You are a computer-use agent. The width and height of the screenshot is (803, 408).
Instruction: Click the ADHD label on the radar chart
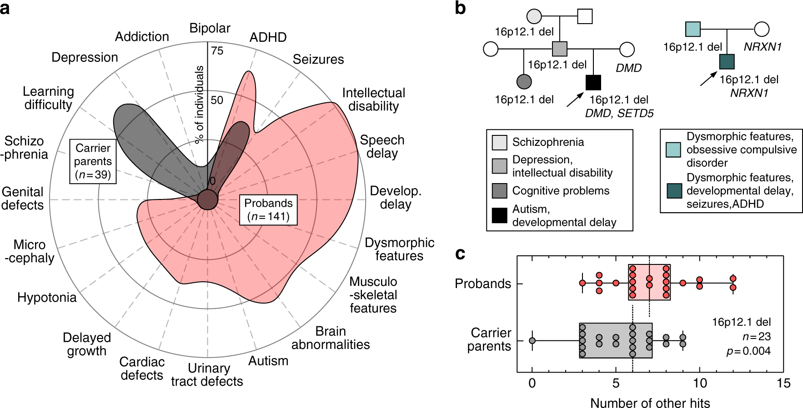tap(268, 37)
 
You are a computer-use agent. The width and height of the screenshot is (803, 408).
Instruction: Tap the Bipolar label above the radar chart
tap(210, 28)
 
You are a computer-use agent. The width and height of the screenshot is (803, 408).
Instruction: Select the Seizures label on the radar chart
tap(318, 60)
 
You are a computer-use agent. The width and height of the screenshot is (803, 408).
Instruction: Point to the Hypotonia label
tap(47, 298)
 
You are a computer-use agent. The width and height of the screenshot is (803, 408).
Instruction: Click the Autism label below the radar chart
tap(268, 361)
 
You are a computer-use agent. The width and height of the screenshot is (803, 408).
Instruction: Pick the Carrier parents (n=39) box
tap(93, 161)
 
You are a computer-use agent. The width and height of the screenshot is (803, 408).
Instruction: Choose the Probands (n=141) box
tap(268, 210)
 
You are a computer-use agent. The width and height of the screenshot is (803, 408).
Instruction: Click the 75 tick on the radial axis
tap(217, 51)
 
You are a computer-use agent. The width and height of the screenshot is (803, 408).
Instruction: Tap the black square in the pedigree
tap(593, 82)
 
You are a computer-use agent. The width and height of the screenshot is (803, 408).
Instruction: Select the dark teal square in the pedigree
tap(727, 61)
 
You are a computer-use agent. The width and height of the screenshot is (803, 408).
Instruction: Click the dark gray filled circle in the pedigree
tap(524, 81)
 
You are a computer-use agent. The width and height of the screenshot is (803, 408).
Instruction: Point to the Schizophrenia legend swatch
tap(499, 142)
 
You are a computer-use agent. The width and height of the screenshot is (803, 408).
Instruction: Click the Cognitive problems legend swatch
tap(499, 191)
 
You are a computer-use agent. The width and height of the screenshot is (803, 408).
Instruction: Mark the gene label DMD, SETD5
tap(619, 114)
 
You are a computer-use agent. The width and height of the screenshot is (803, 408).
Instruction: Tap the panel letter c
tap(460, 254)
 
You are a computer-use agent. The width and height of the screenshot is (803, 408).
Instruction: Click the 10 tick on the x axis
tap(700, 383)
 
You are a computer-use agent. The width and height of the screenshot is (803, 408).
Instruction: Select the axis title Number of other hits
tap(650, 403)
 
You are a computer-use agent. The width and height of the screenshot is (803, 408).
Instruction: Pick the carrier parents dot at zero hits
tap(532, 340)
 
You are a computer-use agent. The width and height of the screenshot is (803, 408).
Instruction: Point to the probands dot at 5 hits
tap(616, 283)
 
